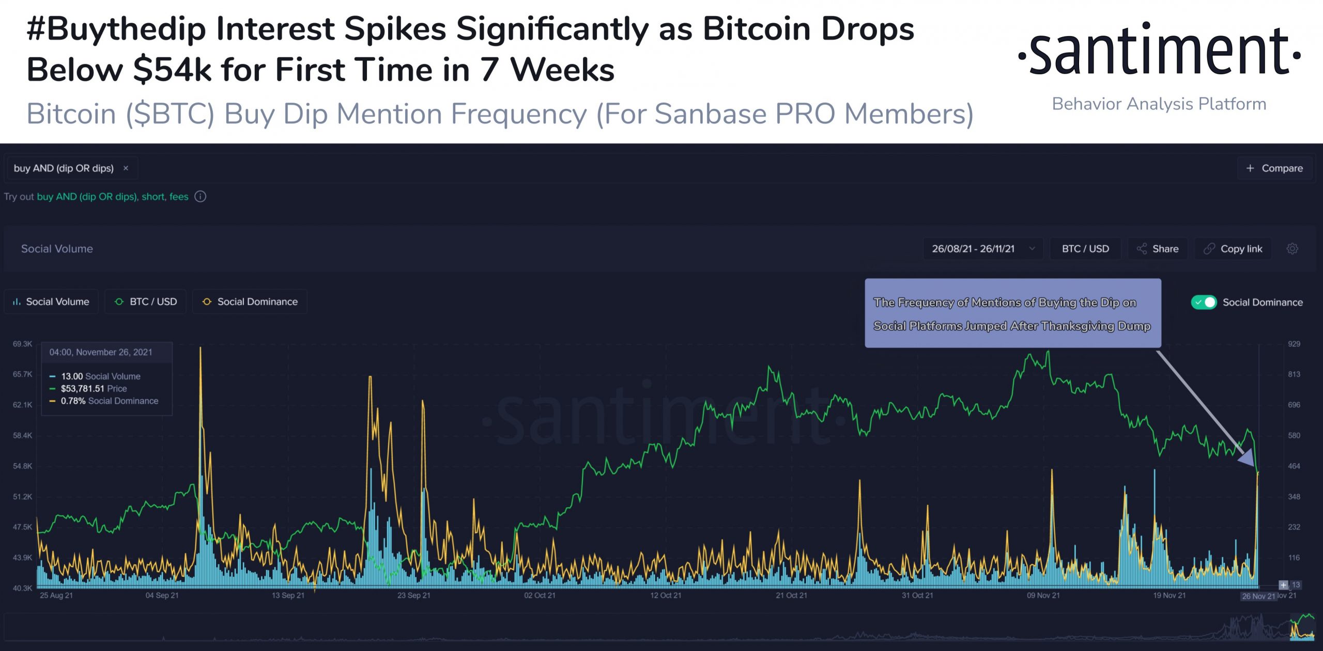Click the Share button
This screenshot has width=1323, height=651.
(1158, 249)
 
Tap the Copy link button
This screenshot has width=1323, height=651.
(1233, 249)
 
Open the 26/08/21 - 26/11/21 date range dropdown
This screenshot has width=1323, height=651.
(982, 249)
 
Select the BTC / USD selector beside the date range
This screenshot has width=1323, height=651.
(1085, 249)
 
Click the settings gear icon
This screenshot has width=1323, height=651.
(1292, 249)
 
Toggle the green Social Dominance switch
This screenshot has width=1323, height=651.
(1204, 303)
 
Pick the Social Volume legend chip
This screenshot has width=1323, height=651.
(51, 301)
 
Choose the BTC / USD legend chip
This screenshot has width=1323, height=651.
(146, 301)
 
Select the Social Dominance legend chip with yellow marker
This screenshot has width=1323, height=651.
(250, 301)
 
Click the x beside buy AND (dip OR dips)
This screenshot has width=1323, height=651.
(126, 168)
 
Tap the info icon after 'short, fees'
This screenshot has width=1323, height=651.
(201, 197)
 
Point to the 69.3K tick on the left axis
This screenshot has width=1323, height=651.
(22, 344)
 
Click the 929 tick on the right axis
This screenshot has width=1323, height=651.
(1294, 344)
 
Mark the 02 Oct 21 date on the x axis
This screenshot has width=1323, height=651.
(540, 596)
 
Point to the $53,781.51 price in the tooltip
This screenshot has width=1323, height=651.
(83, 389)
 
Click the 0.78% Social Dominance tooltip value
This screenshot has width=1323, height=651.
(73, 401)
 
